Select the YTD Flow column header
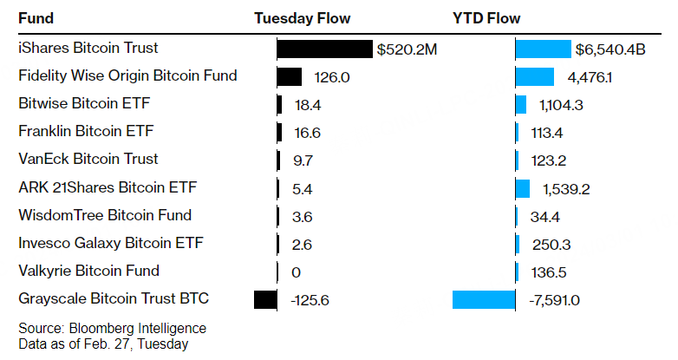pos(486,18)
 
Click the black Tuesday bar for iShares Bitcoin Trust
pos(324,49)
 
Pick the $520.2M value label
pos(407,49)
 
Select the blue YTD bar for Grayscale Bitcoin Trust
pos(484,300)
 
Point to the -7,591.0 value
pos(554,300)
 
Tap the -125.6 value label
pos(306,300)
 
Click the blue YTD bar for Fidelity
pos(535,77)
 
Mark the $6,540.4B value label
pos(610,49)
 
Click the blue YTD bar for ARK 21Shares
pos(523,188)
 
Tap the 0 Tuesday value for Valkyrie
pos(297,272)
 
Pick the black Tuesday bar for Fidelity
pos(290,77)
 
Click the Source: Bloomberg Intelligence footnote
pos(113,328)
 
